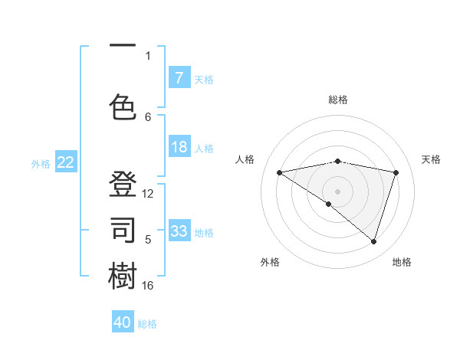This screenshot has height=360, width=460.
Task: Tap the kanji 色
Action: (123, 106)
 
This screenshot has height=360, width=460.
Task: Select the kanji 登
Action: (123, 185)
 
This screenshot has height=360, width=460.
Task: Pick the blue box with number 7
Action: (179, 77)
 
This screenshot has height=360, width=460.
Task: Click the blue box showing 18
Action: (179, 147)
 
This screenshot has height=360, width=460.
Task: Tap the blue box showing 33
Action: (179, 231)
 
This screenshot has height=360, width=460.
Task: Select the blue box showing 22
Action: (66, 162)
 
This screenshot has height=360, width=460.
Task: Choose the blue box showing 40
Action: (123, 322)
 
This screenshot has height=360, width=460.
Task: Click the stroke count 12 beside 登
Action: (149, 194)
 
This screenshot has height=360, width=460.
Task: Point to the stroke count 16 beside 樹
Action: (149, 286)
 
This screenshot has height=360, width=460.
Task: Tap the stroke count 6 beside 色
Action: (148, 116)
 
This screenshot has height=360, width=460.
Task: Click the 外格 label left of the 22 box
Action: (41, 163)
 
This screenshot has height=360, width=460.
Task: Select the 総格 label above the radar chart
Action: (338, 100)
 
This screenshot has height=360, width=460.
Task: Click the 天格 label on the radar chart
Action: (432, 159)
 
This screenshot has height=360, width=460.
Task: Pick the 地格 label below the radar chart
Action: (402, 262)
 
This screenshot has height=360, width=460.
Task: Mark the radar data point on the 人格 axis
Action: (279, 172)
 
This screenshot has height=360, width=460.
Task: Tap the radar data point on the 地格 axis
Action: (373, 241)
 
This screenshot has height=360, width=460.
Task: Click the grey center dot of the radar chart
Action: (337, 191)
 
